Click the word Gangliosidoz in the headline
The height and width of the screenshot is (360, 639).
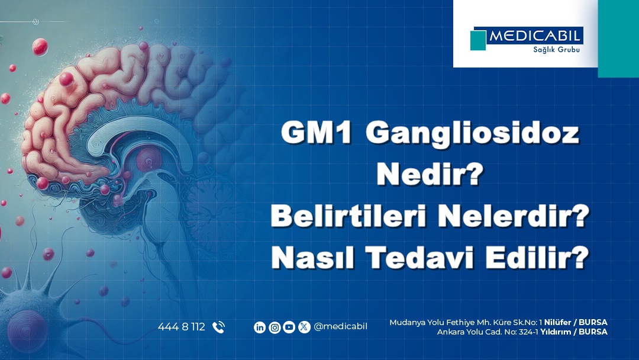click(472, 134)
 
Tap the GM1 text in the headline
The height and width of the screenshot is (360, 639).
click(316, 133)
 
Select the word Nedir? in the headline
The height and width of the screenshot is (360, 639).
click(430, 174)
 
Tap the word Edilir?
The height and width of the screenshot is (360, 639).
click(537, 258)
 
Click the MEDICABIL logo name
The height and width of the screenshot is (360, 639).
click(535, 36)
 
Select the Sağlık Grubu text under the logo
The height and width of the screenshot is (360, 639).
click(556, 50)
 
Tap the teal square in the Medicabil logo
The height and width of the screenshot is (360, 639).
click(478, 40)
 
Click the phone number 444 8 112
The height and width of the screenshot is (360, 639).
click(182, 327)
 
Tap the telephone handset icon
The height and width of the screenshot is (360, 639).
click(219, 327)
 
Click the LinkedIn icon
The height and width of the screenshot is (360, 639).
click(260, 327)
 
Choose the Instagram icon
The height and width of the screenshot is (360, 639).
click(275, 327)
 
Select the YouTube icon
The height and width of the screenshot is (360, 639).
click(289, 327)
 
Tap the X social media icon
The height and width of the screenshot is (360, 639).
click(304, 327)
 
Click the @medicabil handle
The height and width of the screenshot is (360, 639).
click(340, 327)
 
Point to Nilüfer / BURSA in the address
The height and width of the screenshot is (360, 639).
click(576, 323)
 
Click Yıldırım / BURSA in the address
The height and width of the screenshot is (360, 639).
click(574, 332)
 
